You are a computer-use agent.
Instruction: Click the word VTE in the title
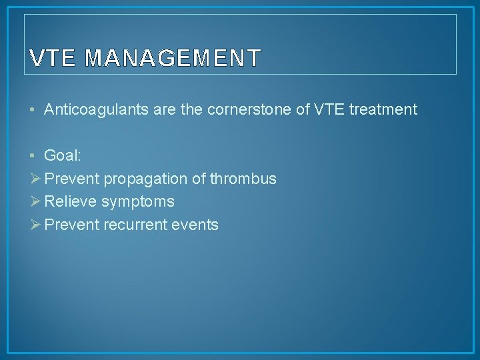click(x=55, y=59)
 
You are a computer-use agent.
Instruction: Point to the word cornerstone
click(x=259, y=109)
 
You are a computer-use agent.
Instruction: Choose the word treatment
click(x=382, y=109)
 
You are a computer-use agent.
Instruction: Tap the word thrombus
click(x=243, y=179)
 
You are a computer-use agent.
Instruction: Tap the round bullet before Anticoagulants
click(x=33, y=110)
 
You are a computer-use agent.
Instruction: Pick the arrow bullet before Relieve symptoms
click(x=35, y=202)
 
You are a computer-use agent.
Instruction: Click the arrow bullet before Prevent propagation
click(x=35, y=179)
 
